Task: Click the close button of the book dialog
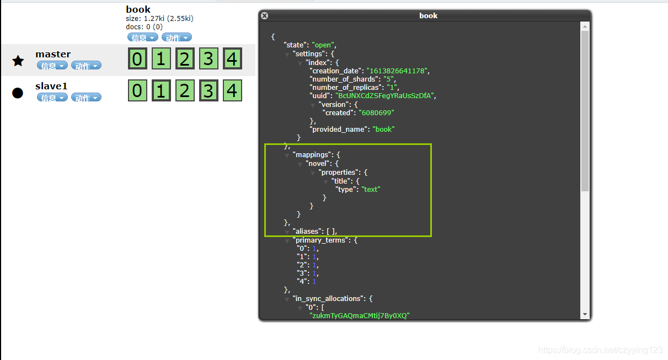pyautogui.click(x=265, y=16)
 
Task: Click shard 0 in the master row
pyautogui.click(x=137, y=58)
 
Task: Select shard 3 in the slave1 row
pyautogui.click(x=209, y=90)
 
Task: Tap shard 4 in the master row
pyautogui.click(x=232, y=58)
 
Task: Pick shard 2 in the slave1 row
pyautogui.click(x=185, y=90)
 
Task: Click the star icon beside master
pyautogui.click(x=18, y=61)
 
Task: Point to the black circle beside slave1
pyautogui.click(x=18, y=93)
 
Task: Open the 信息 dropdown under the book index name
pyautogui.click(x=143, y=37)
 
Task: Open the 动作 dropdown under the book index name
pyautogui.click(x=177, y=37)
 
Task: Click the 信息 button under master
pyautogui.click(x=52, y=66)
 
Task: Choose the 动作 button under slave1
pyautogui.click(x=86, y=98)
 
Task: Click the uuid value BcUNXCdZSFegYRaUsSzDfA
pyautogui.click(x=384, y=96)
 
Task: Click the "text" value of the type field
pyautogui.click(x=371, y=190)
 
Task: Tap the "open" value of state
pyautogui.click(x=323, y=45)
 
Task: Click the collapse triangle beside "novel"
pyautogui.click(x=300, y=164)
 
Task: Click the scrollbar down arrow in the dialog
pyautogui.click(x=585, y=314)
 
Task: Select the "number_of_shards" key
pyautogui.click(x=344, y=79)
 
